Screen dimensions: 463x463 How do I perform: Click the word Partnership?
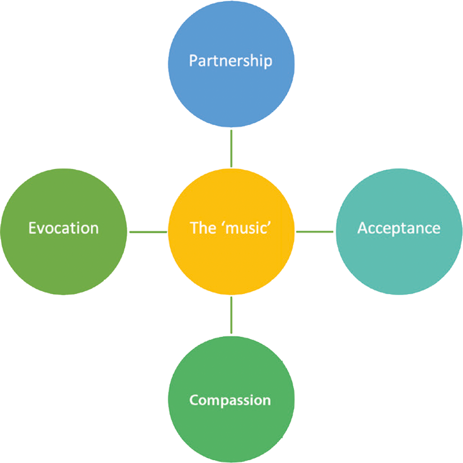pos(230,61)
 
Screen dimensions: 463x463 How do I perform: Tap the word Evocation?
pos(64,228)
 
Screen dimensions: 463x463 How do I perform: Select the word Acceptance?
pos(399,229)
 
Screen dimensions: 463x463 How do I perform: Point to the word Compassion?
pos(230,400)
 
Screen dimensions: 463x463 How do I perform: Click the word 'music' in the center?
pos(248,228)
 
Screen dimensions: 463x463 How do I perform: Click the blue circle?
pos(231,64)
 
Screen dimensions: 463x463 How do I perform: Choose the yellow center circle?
pos(231,231)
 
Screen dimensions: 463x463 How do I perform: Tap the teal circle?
pos(399,231)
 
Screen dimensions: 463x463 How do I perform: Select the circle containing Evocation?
pos(64,231)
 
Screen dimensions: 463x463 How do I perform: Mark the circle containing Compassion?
pos(231,399)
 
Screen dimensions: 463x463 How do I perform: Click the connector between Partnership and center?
pos(231,148)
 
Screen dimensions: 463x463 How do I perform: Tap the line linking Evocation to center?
pos(148,232)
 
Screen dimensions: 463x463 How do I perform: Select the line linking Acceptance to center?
pos(315,232)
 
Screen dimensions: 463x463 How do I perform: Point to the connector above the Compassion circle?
pos(231,315)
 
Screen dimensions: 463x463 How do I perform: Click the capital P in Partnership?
pos(193,60)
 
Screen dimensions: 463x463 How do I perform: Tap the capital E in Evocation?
pos(32,228)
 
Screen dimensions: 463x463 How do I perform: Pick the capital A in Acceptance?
pos(363,228)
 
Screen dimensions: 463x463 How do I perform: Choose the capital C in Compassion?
pos(194,400)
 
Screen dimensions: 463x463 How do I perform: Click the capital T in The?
pos(195,228)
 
